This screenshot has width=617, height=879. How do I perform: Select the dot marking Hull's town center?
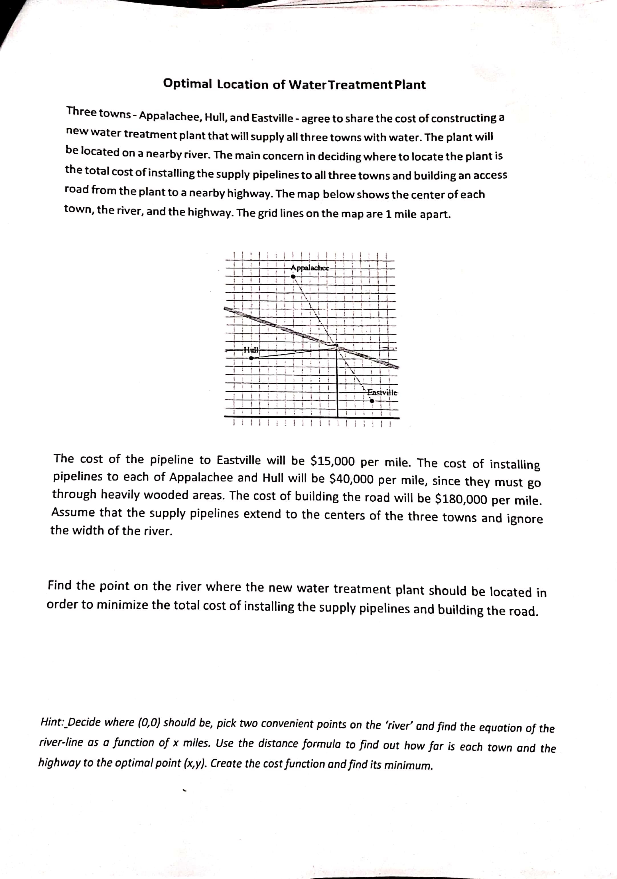click(251, 358)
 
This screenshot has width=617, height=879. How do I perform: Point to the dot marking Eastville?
click(372, 401)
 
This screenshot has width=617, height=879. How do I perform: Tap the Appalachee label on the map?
click(310, 268)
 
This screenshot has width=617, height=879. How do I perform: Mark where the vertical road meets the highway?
click(337, 417)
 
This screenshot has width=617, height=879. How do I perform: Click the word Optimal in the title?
click(187, 84)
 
